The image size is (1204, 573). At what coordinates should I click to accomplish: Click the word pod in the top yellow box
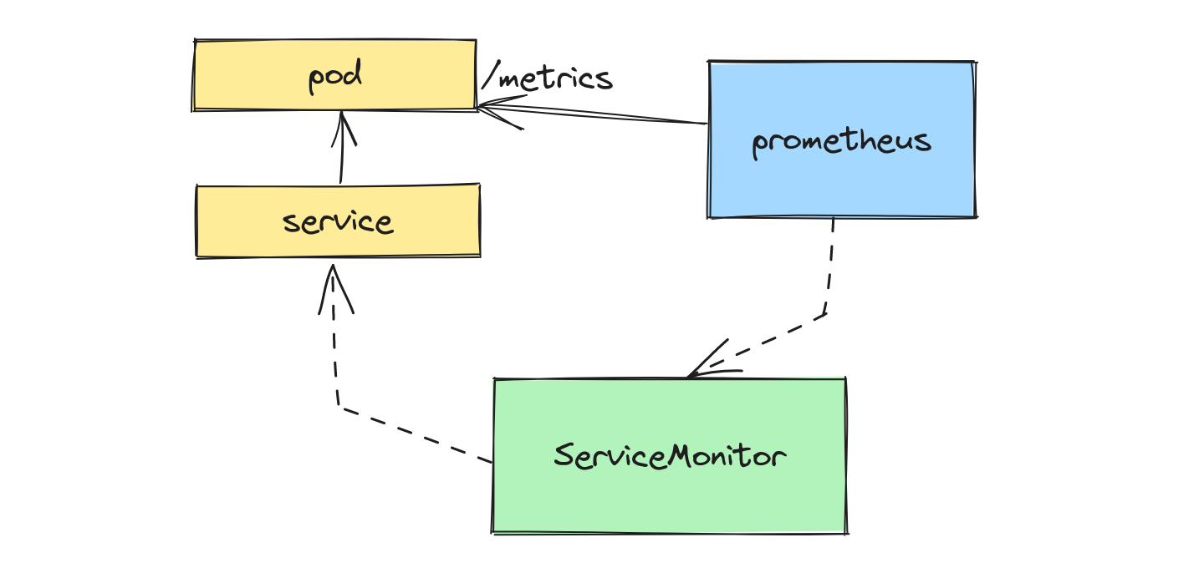(335, 77)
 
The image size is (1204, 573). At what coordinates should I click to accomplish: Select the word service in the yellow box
(338, 222)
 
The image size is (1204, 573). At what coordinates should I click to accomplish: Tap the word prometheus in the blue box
(841, 140)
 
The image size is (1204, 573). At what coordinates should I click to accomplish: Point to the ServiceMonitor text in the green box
(670, 456)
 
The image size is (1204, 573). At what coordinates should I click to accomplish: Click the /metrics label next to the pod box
(548, 79)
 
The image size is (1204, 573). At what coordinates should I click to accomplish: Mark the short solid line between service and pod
(341, 163)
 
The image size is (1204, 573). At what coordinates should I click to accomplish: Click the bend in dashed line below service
(339, 407)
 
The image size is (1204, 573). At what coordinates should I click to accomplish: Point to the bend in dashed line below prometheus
(826, 314)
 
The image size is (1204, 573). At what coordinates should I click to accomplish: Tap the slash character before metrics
(489, 79)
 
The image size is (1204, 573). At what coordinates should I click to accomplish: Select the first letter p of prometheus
(760, 144)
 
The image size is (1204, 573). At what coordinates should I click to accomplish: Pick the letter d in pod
(354, 75)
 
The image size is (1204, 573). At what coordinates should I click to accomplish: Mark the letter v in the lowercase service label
(339, 223)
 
